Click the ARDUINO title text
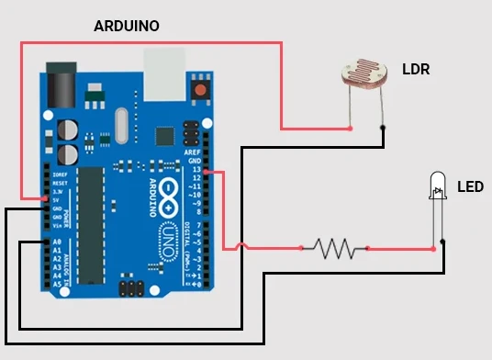pos(127,27)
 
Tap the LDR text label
pos(416,70)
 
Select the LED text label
pos(470,187)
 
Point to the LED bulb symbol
pos(438,186)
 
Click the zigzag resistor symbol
pos(335,247)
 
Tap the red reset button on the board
pos(199,90)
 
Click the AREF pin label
pos(192,152)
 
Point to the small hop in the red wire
pos(241,245)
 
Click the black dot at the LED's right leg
pos(443,242)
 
